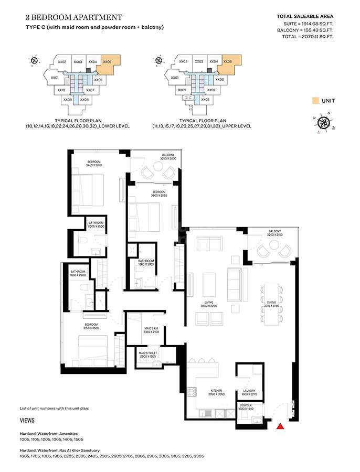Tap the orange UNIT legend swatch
(x=315, y=100)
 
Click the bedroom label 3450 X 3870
(x=94, y=164)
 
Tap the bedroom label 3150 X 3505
(x=92, y=326)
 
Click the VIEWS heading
(x=27, y=421)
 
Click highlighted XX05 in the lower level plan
(x=107, y=62)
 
